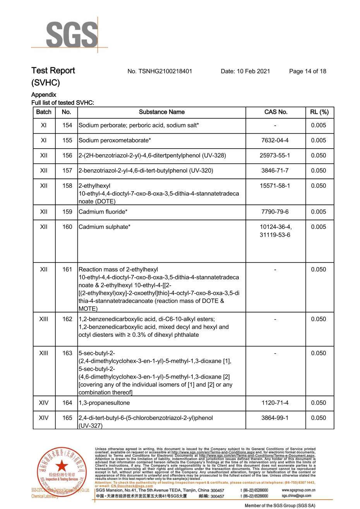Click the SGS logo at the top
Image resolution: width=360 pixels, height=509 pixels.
[x=72, y=35]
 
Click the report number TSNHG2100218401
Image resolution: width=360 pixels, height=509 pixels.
[x=159, y=71]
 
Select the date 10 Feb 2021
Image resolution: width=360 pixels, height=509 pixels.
[x=245, y=71]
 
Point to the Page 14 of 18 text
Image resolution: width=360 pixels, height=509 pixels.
[x=307, y=71]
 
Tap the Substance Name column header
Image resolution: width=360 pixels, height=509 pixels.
[x=161, y=112]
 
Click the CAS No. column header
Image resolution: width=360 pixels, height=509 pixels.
[x=276, y=112]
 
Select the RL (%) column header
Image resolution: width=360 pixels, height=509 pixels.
[x=319, y=112]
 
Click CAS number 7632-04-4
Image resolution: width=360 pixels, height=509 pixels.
[x=275, y=141]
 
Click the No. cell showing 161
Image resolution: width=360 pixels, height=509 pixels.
[x=67, y=269]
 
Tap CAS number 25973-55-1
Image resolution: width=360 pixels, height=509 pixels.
[x=275, y=156]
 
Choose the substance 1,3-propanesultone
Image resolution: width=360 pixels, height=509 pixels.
[x=104, y=403]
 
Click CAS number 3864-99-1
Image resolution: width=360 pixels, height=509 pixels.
[x=275, y=418]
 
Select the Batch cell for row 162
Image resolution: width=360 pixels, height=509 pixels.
[x=44, y=319]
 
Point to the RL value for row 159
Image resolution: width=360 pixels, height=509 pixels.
[x=319, y=212]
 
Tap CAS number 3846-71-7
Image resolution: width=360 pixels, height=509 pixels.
[x=275, y=171]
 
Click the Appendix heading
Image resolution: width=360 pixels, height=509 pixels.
[x=44, y=95]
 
